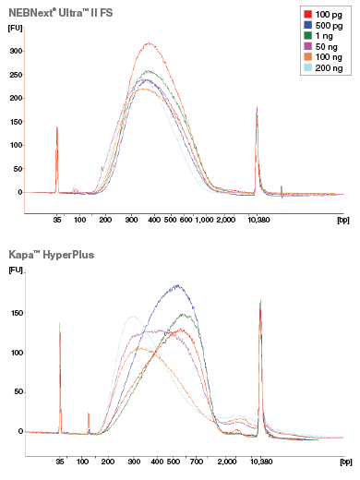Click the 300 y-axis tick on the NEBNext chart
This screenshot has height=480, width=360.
[x=15, y=51]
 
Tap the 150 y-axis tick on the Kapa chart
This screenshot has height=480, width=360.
[x=15, y=313]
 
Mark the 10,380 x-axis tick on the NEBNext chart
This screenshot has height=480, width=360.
[x=257, y=221]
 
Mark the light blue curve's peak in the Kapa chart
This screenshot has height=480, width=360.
[x=132, y=316]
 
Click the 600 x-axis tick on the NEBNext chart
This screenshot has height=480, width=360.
[x=186, y=221]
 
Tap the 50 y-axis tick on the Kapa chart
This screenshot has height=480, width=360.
[x=17, y=391]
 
